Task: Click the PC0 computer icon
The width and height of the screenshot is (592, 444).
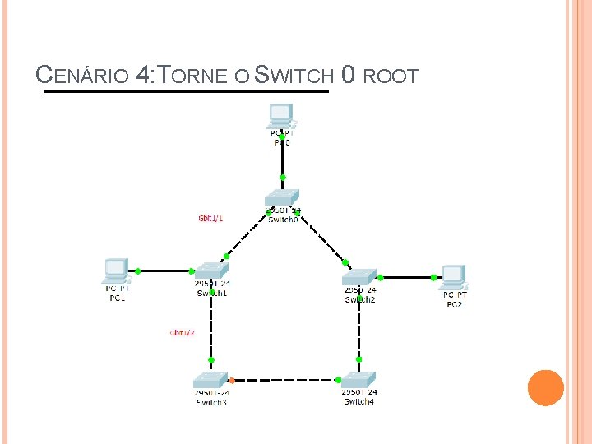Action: coord(281,115)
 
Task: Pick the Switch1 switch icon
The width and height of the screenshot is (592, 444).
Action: coord(210,271)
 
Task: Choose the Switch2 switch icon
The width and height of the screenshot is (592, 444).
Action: coord(359,276)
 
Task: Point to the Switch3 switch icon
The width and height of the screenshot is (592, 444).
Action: coord(210,380)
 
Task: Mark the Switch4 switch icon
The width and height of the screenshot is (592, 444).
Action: coord(358,379)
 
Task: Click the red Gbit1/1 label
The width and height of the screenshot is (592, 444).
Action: coord(210,219)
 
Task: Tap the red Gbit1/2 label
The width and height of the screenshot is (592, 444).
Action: coord(182,332)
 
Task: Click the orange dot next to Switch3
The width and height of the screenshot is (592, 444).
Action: coord(232,380)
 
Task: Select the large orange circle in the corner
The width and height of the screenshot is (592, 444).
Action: coord(545,387)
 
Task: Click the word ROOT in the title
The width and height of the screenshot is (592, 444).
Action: coord(391,77)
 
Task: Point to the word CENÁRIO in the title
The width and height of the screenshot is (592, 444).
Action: coord(82,77)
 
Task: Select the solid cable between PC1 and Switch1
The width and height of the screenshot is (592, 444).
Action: coord(165,271)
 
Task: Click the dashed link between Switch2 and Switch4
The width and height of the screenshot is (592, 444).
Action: coord(359,329)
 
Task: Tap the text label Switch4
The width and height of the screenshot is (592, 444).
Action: coord(359,401)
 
